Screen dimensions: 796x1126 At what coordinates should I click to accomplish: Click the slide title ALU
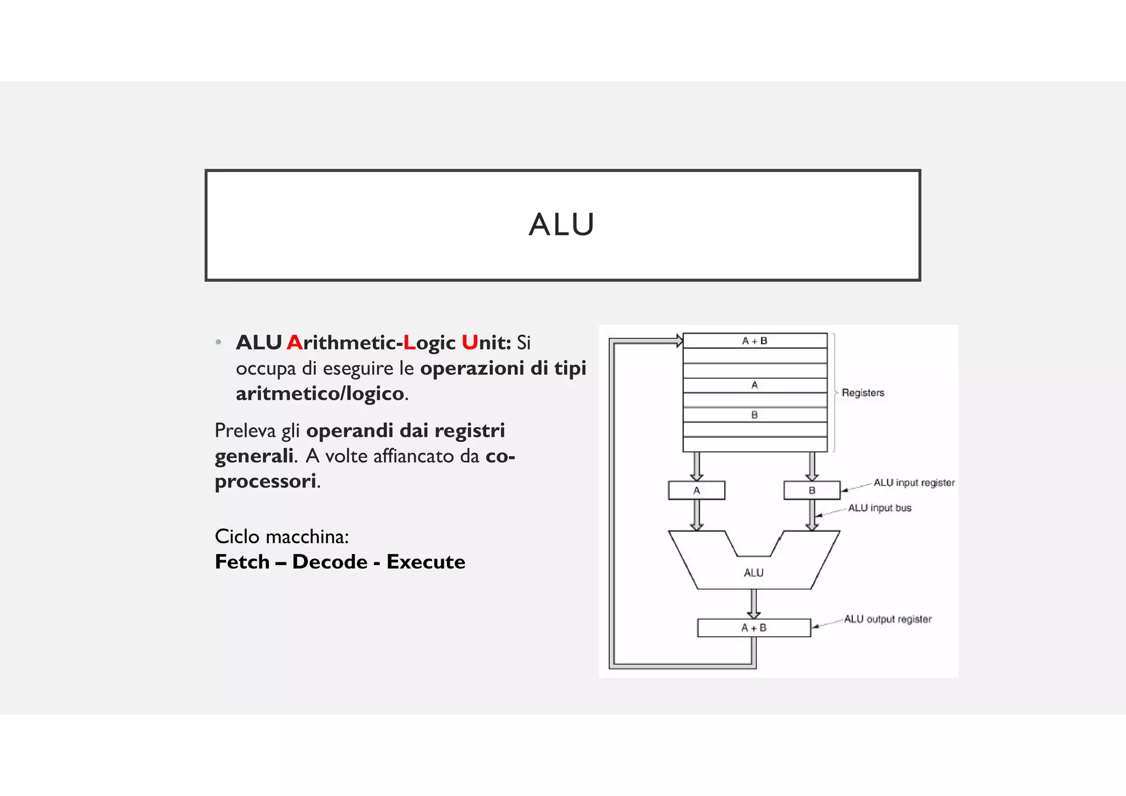561,224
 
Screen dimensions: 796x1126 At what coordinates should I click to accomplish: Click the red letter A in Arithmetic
294,342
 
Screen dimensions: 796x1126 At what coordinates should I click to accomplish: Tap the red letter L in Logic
409,342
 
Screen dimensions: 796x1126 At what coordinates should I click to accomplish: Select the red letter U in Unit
470,342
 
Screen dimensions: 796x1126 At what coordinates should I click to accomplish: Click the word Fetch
242,562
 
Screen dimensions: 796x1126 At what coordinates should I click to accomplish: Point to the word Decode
330,562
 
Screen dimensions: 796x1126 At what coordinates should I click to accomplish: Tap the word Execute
426,562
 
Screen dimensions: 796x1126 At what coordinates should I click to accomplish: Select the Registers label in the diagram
863,393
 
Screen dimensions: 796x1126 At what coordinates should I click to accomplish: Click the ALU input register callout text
914,483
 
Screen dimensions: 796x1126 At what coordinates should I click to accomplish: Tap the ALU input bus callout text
880,508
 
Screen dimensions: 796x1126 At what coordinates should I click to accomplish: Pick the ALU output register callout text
887,619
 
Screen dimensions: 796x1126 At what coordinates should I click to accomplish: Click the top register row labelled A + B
754,341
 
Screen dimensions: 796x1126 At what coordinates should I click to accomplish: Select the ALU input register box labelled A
697,490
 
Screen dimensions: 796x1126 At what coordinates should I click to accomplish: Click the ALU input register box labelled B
812,490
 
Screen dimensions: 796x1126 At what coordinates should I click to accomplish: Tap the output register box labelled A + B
754,628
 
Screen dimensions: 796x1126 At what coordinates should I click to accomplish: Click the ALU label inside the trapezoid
754,573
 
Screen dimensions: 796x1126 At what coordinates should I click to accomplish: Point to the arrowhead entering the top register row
680,341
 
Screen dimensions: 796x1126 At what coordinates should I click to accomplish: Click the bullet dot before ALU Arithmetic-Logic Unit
218,342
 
